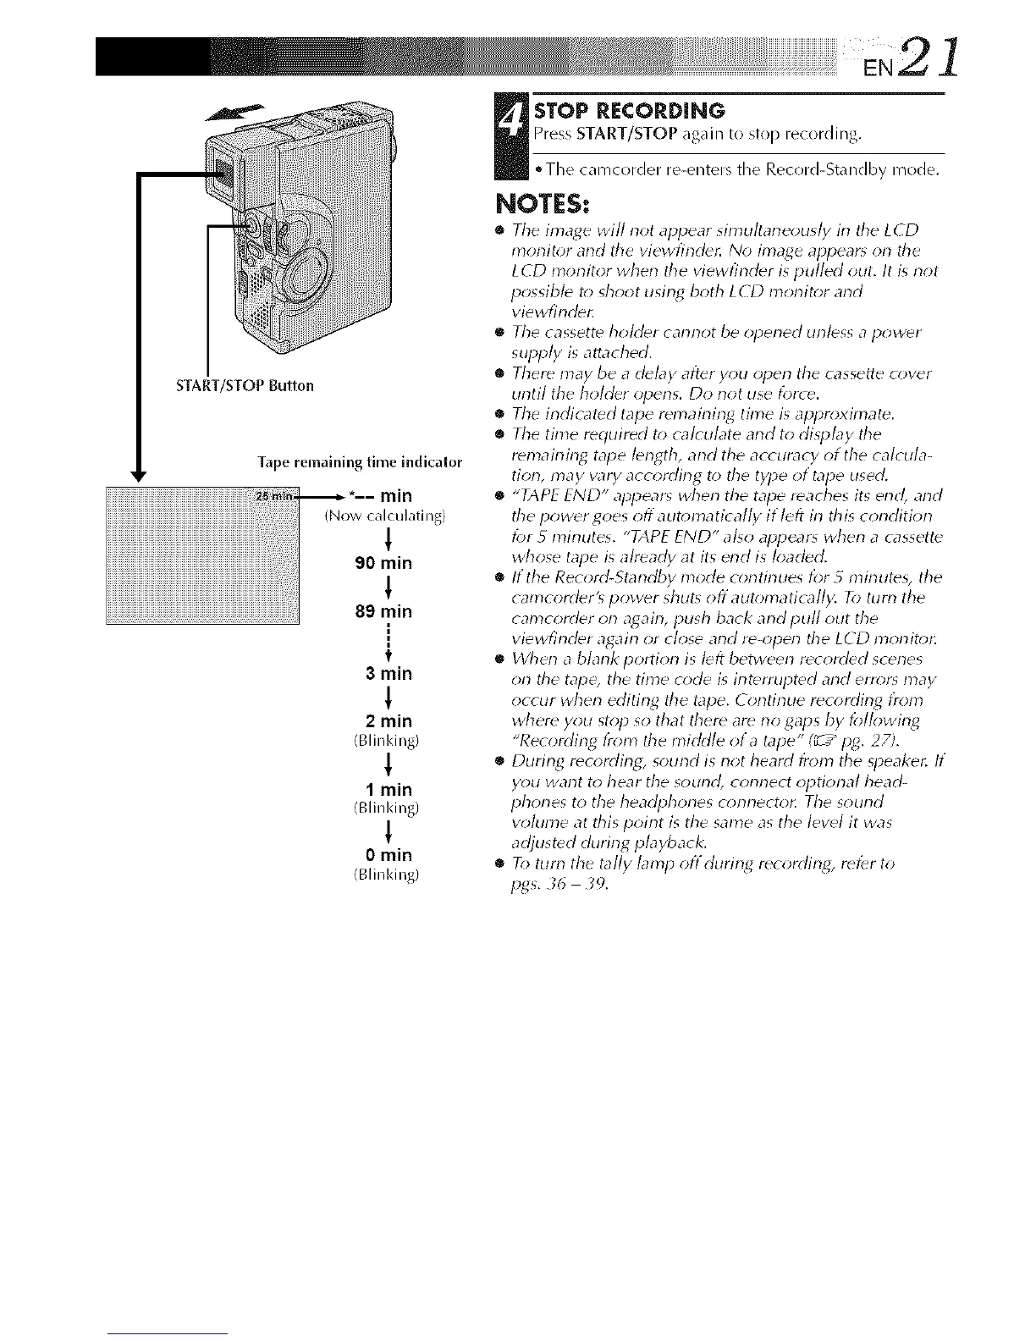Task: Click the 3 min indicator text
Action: point(386,674)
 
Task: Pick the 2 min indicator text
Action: point(386,721)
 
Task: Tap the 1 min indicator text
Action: point(386,790)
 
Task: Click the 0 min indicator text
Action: point(386,855)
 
